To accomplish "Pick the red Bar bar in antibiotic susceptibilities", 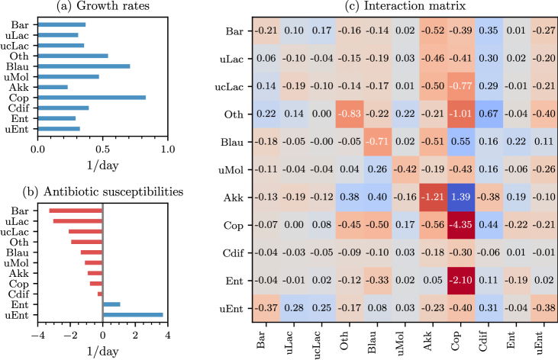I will click(x=76, y=211).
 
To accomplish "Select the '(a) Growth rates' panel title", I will click(x=102, y=7).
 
